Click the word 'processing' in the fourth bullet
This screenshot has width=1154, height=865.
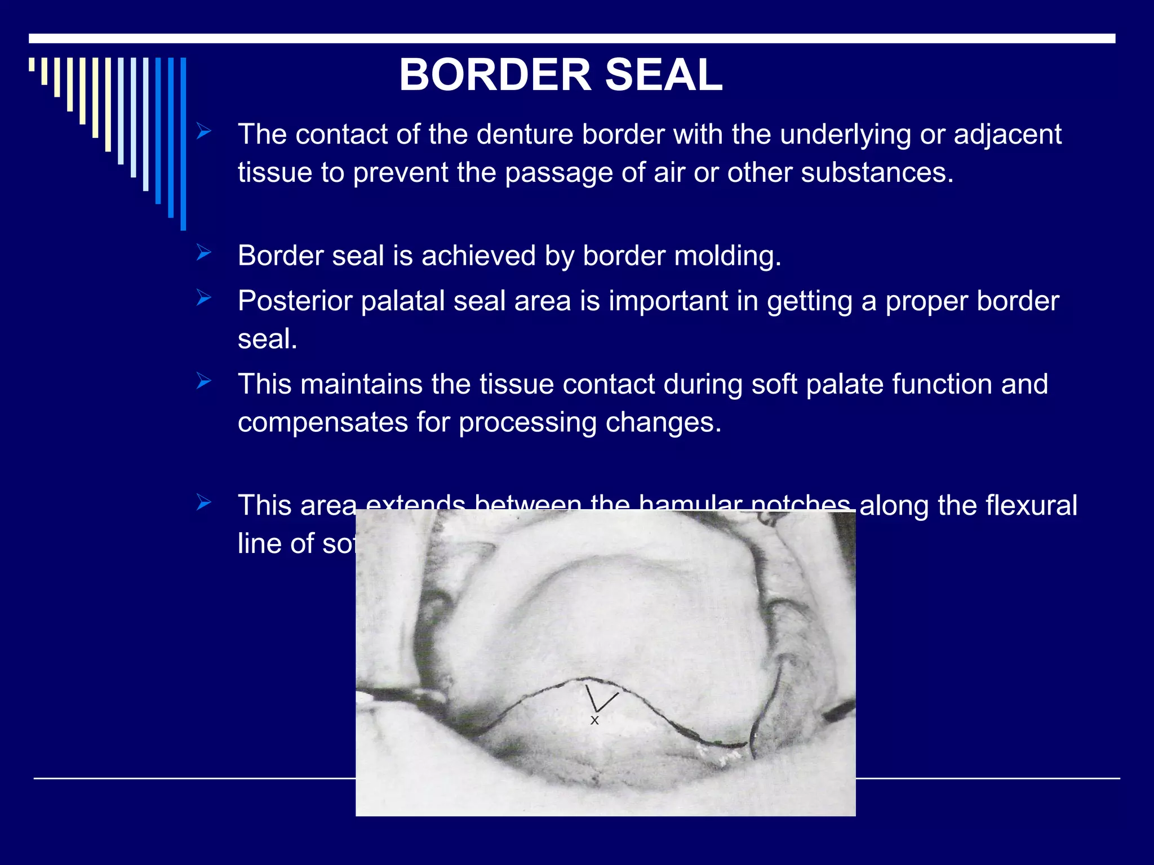(527, 423)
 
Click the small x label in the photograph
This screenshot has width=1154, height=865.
(594, 720)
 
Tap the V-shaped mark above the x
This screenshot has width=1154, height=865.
(598, 700)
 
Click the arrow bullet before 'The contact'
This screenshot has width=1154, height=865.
(204, 132)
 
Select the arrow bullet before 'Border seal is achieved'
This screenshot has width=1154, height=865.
(204, 254)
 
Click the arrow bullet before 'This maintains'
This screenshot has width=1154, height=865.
(204, 382)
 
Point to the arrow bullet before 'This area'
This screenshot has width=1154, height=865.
(204, 503)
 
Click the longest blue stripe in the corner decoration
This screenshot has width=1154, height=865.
(183, 144)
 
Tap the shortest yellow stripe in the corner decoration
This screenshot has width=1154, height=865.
(32, 64)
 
